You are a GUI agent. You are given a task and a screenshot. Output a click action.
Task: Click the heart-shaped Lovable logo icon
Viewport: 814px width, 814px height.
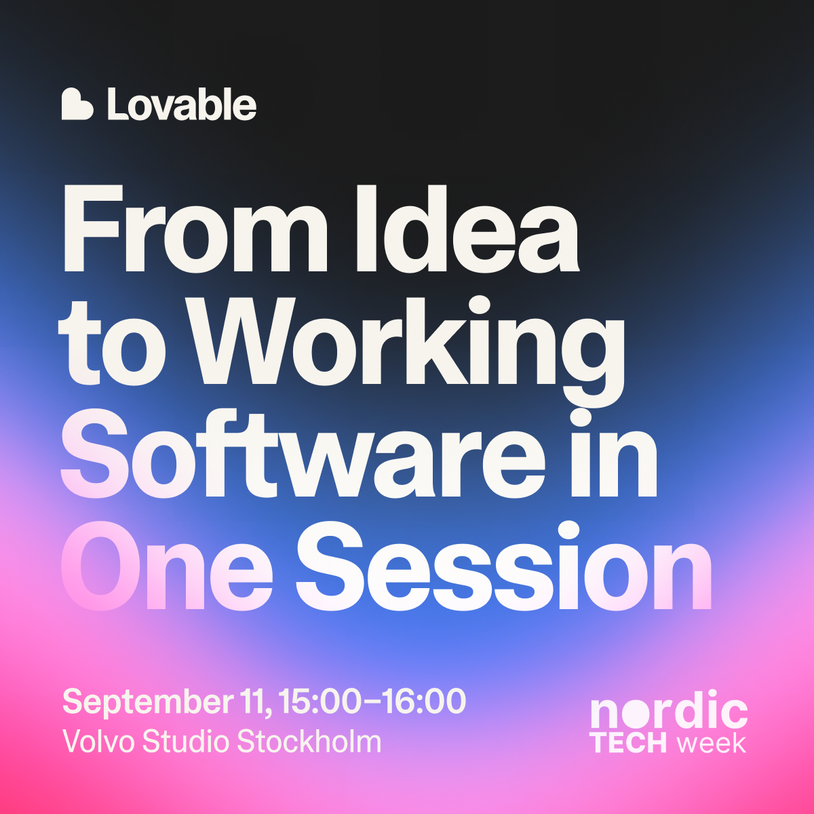[x=77, y=104]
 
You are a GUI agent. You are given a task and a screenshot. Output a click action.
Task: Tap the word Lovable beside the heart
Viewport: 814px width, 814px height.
[x=182, y=104]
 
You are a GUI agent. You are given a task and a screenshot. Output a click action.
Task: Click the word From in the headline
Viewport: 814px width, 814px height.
[x=195, y=230]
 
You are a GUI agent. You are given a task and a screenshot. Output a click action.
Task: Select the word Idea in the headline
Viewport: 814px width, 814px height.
[x=467, y=230]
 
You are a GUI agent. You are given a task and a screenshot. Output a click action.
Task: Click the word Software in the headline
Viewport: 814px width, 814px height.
[x=303, y=454]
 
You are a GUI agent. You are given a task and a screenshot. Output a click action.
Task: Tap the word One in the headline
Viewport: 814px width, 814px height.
[x=168, y=566]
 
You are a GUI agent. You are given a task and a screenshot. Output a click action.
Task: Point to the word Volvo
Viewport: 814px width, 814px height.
[x=99, y=742]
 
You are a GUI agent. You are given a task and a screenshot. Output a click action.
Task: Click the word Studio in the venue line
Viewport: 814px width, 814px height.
[x=185, y=742]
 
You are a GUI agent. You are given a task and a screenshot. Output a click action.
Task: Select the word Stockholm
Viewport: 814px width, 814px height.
[x=309, y=742]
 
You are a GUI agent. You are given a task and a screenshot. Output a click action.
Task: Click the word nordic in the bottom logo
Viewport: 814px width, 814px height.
[x=669, y=710]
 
